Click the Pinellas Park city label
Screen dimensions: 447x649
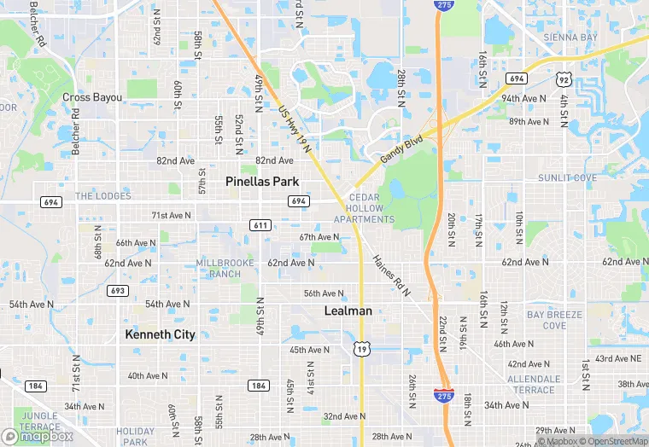coord(262,182)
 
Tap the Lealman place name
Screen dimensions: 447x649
coord(348,311)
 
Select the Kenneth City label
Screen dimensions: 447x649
coord(160,334)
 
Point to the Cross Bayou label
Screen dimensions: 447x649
coord(92,97)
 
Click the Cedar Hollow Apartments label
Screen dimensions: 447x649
coord(364,208)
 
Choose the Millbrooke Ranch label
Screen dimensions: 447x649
coord(219,268)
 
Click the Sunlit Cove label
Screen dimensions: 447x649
coord(567,178)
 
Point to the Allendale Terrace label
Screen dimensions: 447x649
coord(534,384)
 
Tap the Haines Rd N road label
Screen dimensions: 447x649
coord(392,275)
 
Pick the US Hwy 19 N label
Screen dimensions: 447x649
coord(295,130)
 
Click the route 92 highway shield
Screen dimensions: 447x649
coord(563,79)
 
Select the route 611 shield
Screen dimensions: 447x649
coord(261,225)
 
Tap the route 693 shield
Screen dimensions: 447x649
coord(118,291)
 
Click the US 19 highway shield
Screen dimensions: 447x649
coord(361,348)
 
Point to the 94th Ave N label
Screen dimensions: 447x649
coord(523,99)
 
